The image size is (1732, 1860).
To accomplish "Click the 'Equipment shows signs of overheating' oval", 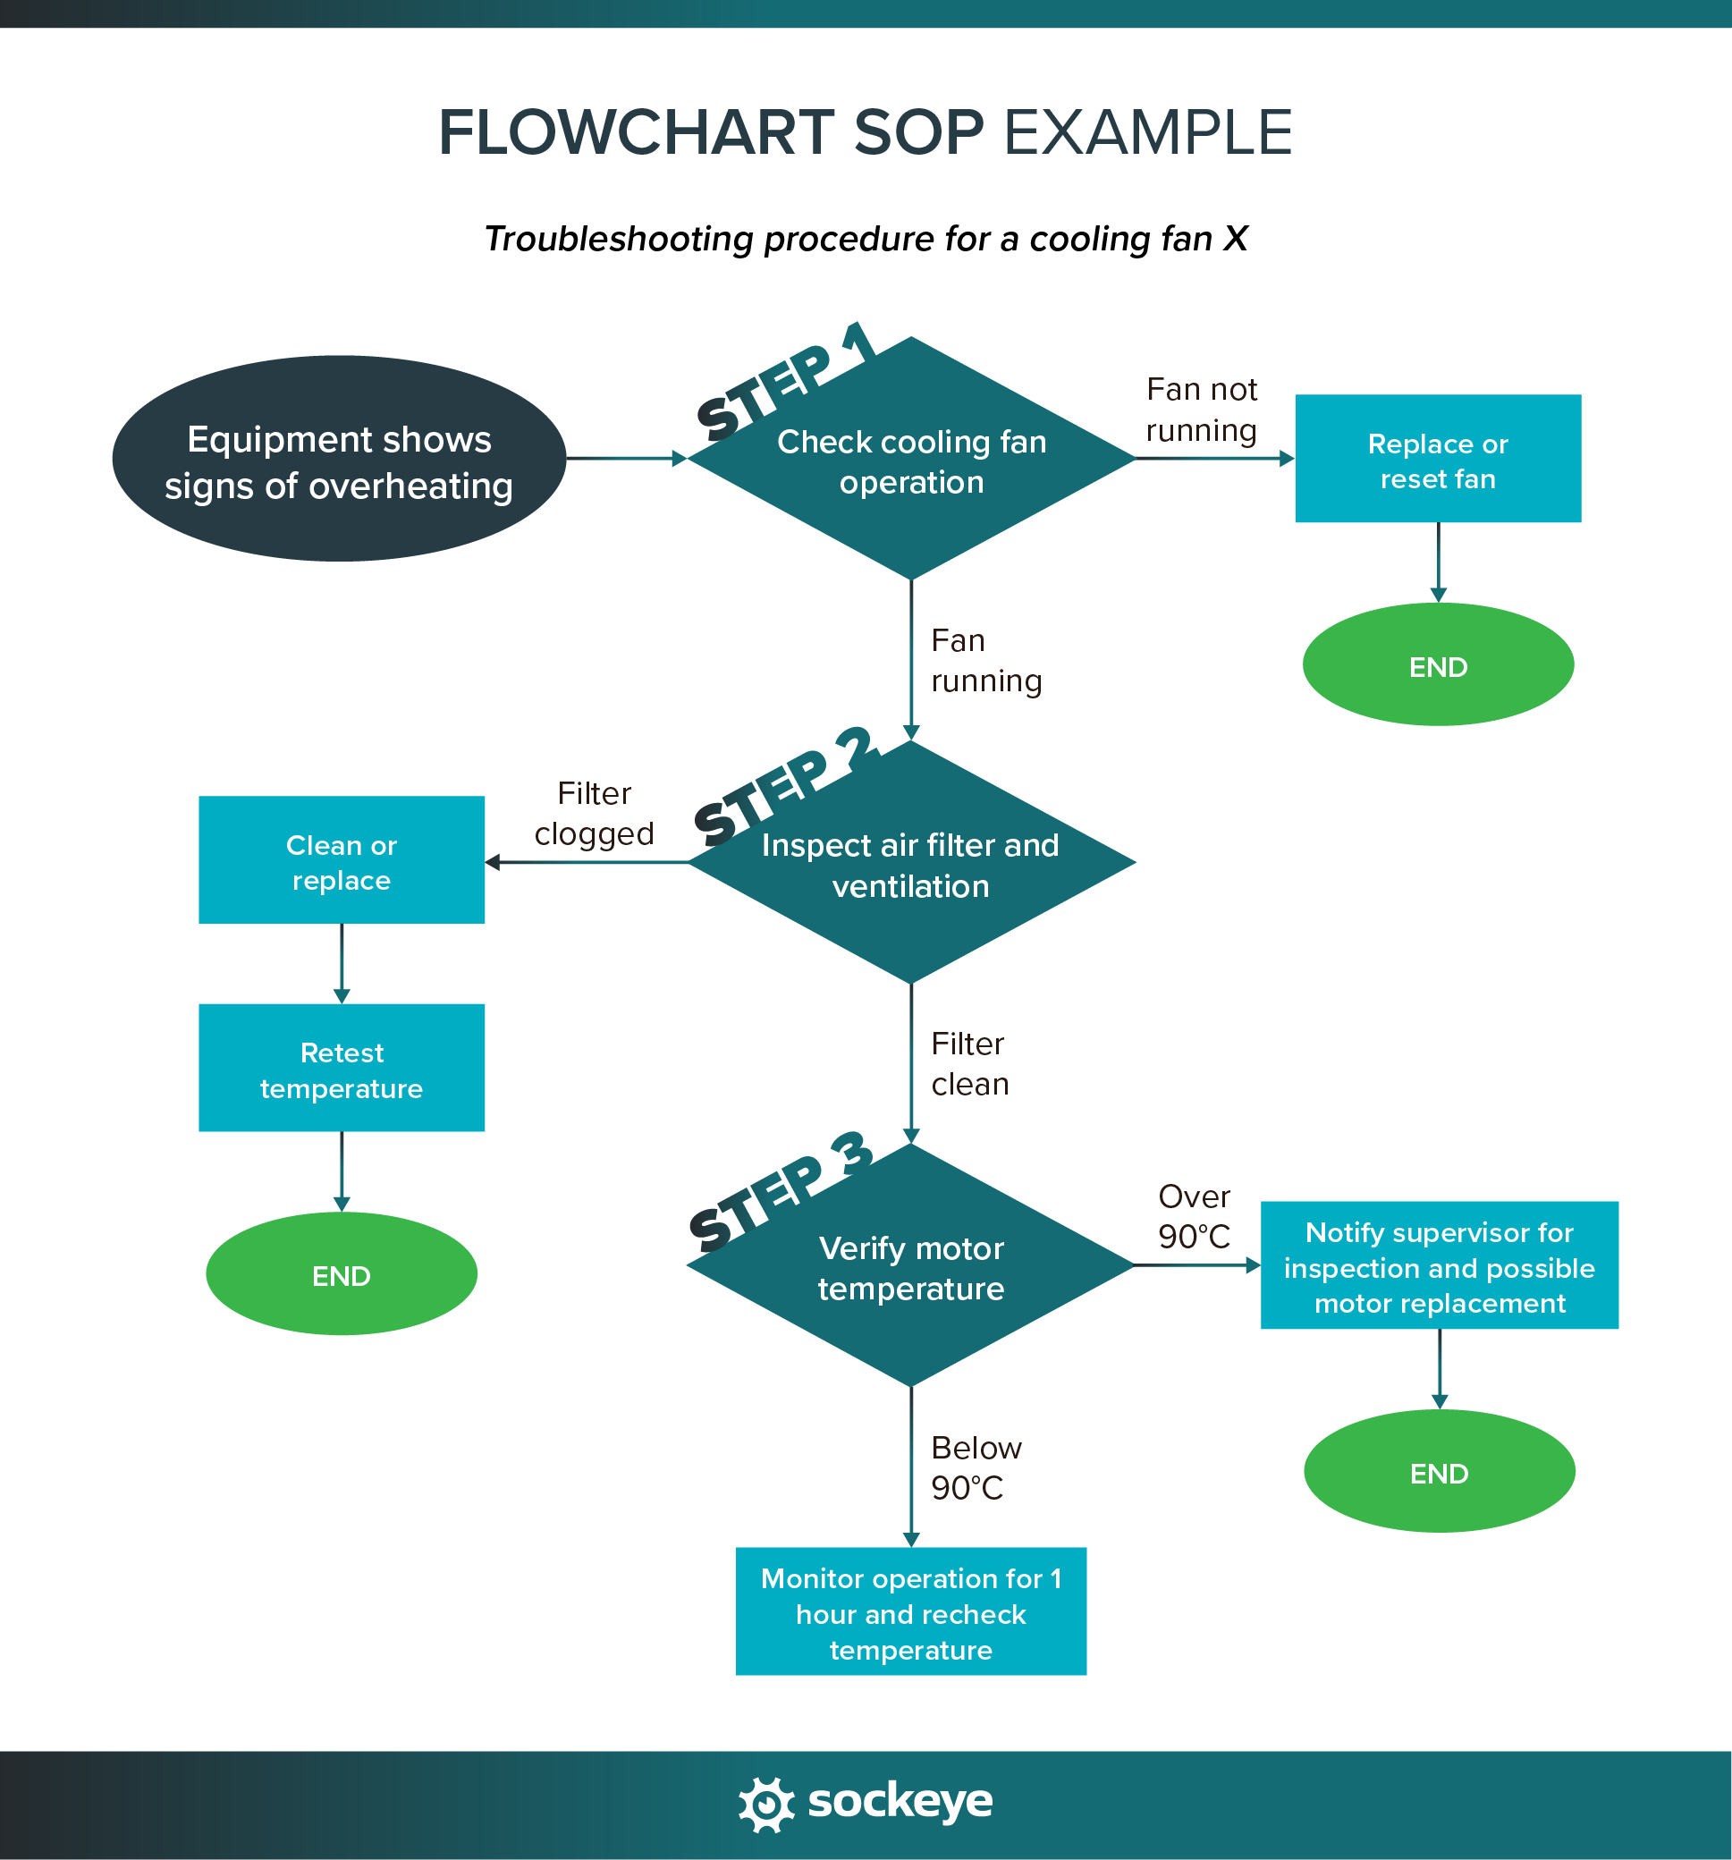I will click(x=339, y=459).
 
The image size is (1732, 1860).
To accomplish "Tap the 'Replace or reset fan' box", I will click(x=1437, y=460).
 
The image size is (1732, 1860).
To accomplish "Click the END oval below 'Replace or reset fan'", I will click(x=1437, y=666).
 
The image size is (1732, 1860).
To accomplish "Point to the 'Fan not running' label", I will click(x=1202, y=410).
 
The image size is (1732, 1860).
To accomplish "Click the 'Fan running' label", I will click(x=984, y=661).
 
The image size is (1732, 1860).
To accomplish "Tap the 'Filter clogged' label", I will click(x=595, y=813).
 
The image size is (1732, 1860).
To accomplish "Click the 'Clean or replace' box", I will click(x=342, y=861).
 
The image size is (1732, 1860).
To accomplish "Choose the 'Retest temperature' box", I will click(x=342, y=1069).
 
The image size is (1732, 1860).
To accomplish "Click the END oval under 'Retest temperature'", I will click(x=342, y=1275).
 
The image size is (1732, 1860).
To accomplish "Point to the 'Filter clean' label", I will click(x=969, y=1064).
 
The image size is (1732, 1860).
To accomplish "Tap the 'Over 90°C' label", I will click(x=1194, y=1216).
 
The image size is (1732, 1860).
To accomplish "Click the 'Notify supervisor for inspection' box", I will click(x=1439, y=1267).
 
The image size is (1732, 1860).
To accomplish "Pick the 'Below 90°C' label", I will click(x=975, y=1467).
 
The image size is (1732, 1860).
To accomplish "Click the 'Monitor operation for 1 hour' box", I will click(x=910, y=1613).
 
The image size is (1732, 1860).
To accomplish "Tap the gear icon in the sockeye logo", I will click(x=766, y=1803).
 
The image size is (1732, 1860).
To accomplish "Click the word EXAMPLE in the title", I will click(x=1147, y=132).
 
